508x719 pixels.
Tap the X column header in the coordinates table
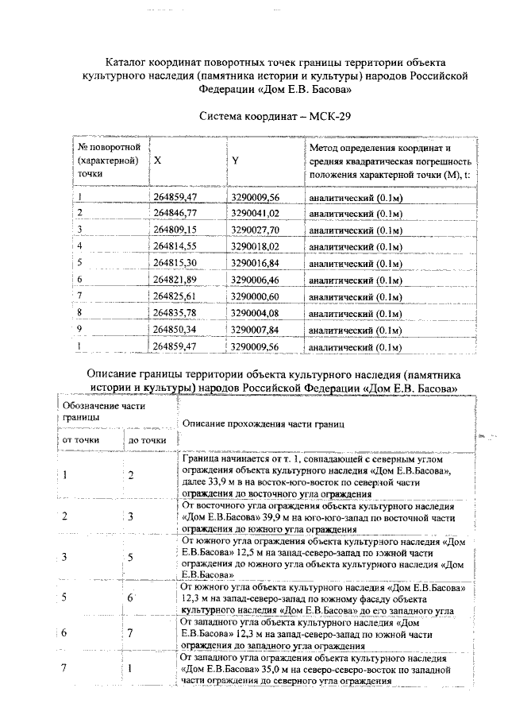tap(158, 160)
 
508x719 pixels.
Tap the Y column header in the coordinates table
tap(236, 160)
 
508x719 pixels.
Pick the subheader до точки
tap(147, 439)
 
